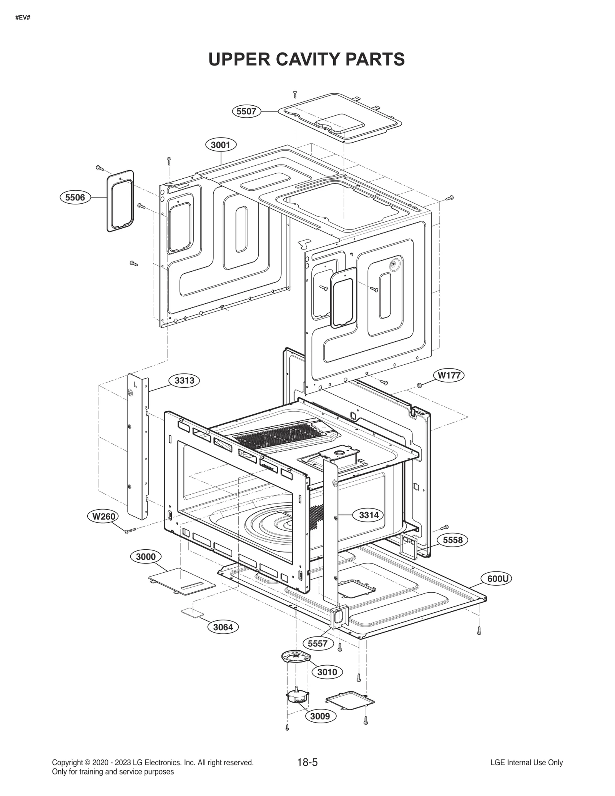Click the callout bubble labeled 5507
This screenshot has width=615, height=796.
click(246, 111)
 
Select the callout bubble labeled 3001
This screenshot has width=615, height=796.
click(221, 145)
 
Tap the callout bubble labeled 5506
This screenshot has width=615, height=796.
click(75, 198)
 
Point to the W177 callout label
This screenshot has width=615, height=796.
click(449, 375)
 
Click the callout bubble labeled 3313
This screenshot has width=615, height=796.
click(184, 381)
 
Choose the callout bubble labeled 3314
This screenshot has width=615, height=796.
click(369, 515)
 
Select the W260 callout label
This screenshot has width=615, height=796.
click(103, 516)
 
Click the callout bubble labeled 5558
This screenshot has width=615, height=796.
click(452, 540)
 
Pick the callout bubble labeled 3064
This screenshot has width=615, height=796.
click(223, 627)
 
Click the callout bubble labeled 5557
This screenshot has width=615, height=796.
click(317, 643)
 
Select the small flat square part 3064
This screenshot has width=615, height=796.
click(192, 613)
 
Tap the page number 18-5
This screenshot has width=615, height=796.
click(307, 763)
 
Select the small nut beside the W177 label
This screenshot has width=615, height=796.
click(420, 385)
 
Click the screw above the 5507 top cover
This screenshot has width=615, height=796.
click(295, 93)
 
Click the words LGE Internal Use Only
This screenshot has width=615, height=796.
click(526, 763)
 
